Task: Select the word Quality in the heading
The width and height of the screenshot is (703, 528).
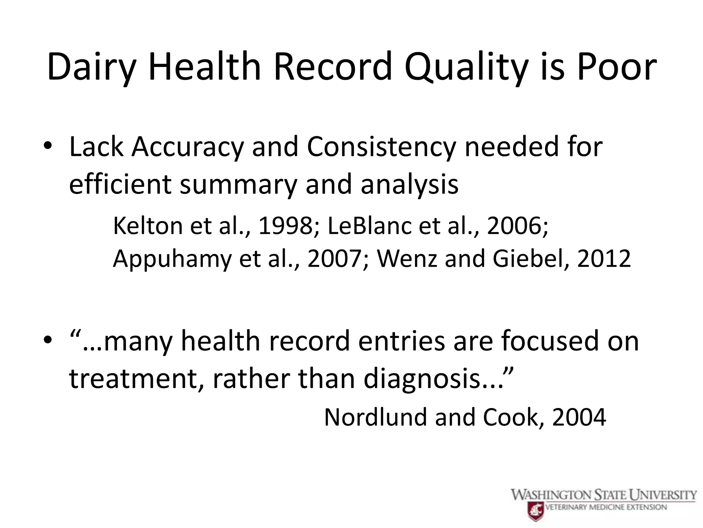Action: [x=465, y=67]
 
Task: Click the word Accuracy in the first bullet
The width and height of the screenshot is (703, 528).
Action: [x=187, y=147]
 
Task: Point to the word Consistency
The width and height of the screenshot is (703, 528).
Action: [x=381, y=147]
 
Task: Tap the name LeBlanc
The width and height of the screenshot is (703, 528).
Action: [x=369, y=226]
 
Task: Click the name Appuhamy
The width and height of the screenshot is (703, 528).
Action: [x=172, y=259]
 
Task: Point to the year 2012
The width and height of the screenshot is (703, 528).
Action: [x=604, y=258]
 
